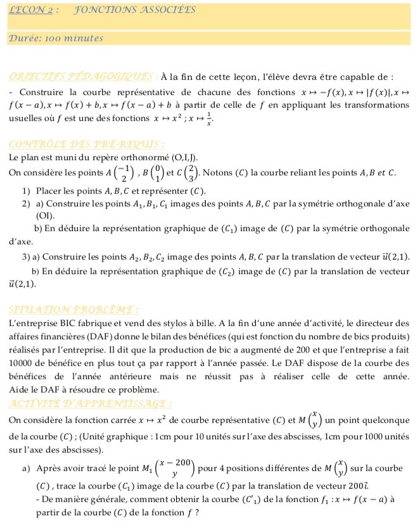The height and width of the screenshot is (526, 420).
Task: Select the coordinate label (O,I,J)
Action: click(x=184, y=156)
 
